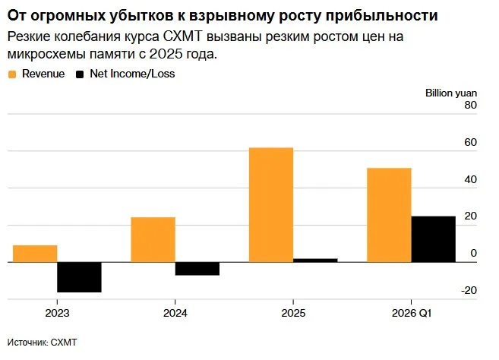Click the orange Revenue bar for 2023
coord(35,254)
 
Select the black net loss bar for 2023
coord(79,277)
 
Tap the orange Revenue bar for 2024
coord(153,240)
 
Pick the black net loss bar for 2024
coord(197,269)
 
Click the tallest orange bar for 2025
coord(271,205)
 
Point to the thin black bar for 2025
coord(315,261)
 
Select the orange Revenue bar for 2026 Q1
coord(389,215)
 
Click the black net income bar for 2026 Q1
coord(434,239)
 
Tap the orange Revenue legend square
coord(12,74)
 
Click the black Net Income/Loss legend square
coord(80,74)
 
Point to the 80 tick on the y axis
coord(470,105)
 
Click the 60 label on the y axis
coord(470,142)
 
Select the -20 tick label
coord(469,290)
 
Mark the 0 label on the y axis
coord(473,253)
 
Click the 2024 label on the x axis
coord(175,313)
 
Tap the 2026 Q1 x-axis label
coord(412,313)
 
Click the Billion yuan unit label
coord(451,93)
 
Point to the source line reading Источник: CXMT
coord(42,343)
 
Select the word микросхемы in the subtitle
coord(46,55)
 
